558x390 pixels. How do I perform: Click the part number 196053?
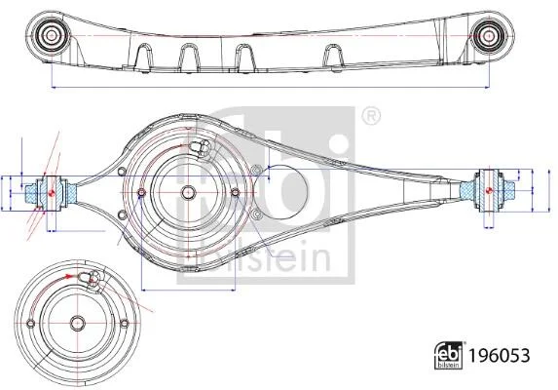(500, 356)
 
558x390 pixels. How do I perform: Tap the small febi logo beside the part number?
(449, 355)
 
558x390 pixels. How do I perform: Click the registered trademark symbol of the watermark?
(371, 115)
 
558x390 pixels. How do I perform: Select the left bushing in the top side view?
(52, 35)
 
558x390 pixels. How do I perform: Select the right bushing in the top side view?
(489, 36)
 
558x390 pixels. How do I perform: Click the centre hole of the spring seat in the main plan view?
(188, 193)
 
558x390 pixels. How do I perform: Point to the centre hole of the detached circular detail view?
(77, 323)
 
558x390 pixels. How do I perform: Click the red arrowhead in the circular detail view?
(69, 276)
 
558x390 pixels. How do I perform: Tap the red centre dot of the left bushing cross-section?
(51, 193)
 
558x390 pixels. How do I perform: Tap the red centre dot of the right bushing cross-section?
(489, 190)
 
